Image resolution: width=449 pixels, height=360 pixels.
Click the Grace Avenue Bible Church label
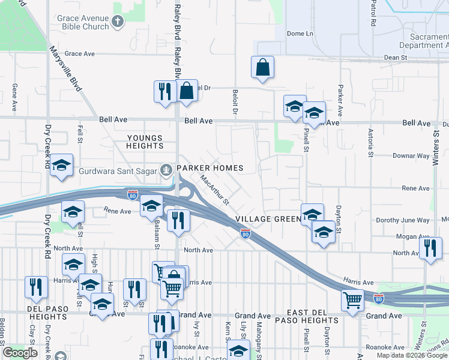pos(82,22)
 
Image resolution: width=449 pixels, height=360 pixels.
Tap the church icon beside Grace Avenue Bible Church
pos(118,22)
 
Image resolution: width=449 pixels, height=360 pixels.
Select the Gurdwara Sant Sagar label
pos(116,170)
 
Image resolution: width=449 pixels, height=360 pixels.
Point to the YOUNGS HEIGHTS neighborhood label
pos(145,142)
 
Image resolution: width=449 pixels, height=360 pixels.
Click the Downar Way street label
pos(411,156)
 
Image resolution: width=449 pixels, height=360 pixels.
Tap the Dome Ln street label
pos(300,34)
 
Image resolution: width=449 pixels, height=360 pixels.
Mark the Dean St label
pos(396,58)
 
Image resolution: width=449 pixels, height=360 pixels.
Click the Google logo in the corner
pos(20,353)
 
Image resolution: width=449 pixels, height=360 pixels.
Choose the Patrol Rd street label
pos(373,15)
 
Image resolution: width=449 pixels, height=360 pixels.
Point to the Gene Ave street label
pos(14,97)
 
